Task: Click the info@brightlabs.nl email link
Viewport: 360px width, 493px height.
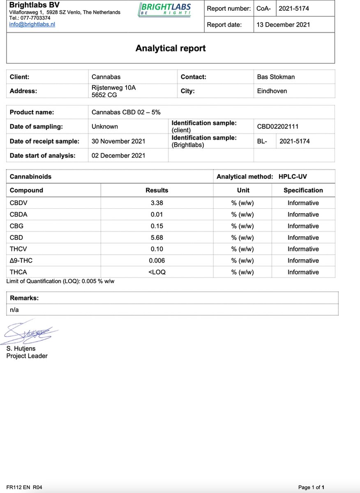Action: pos(32,24)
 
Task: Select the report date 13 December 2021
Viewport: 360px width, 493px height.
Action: pos(283,25)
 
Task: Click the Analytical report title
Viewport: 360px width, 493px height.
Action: pos(171,48)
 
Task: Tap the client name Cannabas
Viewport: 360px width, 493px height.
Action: pos(106,77)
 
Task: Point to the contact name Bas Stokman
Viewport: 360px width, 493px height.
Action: pos(276,77)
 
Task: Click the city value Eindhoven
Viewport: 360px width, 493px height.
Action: pos(272,91)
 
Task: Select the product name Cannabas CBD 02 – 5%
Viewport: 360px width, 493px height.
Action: pos(126,112)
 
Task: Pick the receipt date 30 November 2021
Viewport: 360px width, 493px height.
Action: pos(118,141)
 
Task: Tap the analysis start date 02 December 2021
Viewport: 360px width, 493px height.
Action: pos(118,155)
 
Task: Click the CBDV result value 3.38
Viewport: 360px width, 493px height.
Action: pos(157,203)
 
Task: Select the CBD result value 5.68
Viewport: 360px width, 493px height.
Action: pos(157,237)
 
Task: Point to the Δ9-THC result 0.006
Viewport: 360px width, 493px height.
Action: pos(157,260)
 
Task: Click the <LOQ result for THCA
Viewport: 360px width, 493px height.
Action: pos(157,272)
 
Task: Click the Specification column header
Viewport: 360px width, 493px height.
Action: pos(303,190)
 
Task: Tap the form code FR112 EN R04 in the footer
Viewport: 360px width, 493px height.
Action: pos(24,487)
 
